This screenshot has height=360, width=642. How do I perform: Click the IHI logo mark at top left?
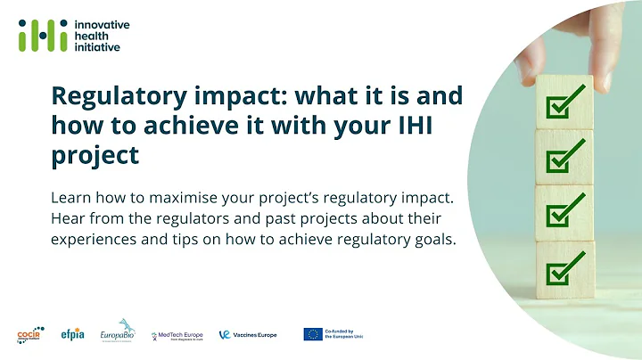38,35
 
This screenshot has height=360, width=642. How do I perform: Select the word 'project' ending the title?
95,154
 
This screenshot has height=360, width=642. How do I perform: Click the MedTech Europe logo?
177,334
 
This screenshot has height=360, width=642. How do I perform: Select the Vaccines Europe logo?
249,334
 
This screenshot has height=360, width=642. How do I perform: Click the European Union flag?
313,334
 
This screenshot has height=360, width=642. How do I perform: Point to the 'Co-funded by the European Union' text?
346,334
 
